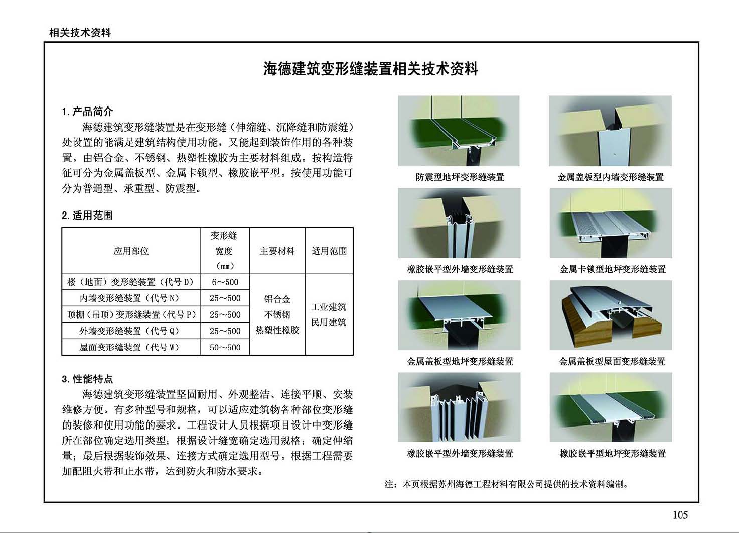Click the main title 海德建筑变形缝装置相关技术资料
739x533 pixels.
[370, 69]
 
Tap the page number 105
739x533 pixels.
[680, 515]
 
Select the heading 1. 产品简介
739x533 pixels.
[87, 112]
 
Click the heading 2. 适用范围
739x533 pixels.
[87, 216]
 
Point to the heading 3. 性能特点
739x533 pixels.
[87, 379]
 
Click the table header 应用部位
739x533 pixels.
[131, 251]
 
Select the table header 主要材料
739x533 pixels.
[277, 251]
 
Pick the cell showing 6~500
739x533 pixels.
[225, 282]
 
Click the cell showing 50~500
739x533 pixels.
[225, 347]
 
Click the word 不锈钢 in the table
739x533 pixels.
[277, 314]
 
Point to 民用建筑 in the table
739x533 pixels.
[329, 322]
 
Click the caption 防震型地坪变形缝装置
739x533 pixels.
[460, 177]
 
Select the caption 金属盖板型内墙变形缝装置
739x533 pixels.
[611, 177]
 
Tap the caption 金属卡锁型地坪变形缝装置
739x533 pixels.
[613, 269]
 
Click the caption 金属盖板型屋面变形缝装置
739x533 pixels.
[612, 361]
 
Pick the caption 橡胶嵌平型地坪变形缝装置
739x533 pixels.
[613, 453]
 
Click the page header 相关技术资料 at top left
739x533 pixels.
[80, 33]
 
